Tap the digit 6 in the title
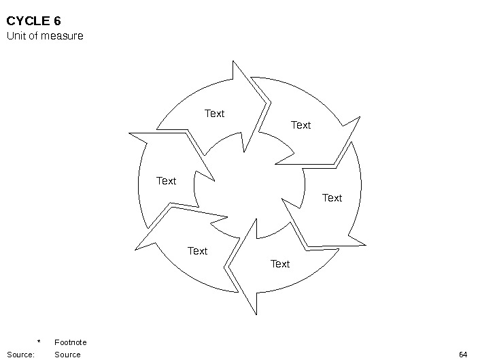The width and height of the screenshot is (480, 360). [57, 21]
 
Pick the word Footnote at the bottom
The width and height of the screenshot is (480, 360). [70, 342]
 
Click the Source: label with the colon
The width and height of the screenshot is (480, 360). [20, 355]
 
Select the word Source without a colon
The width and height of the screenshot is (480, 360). [67, 355]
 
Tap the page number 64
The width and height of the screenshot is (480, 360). [464, 355]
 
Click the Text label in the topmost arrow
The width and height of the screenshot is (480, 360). [214, 114]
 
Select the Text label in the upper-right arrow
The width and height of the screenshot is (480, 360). [301, 125]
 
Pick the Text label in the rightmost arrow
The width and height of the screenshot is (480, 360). [332, 198]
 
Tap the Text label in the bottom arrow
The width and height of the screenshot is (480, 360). [280, 264]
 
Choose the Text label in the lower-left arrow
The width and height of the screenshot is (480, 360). [197, 251]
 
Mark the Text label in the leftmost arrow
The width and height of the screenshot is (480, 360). [166, 181]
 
